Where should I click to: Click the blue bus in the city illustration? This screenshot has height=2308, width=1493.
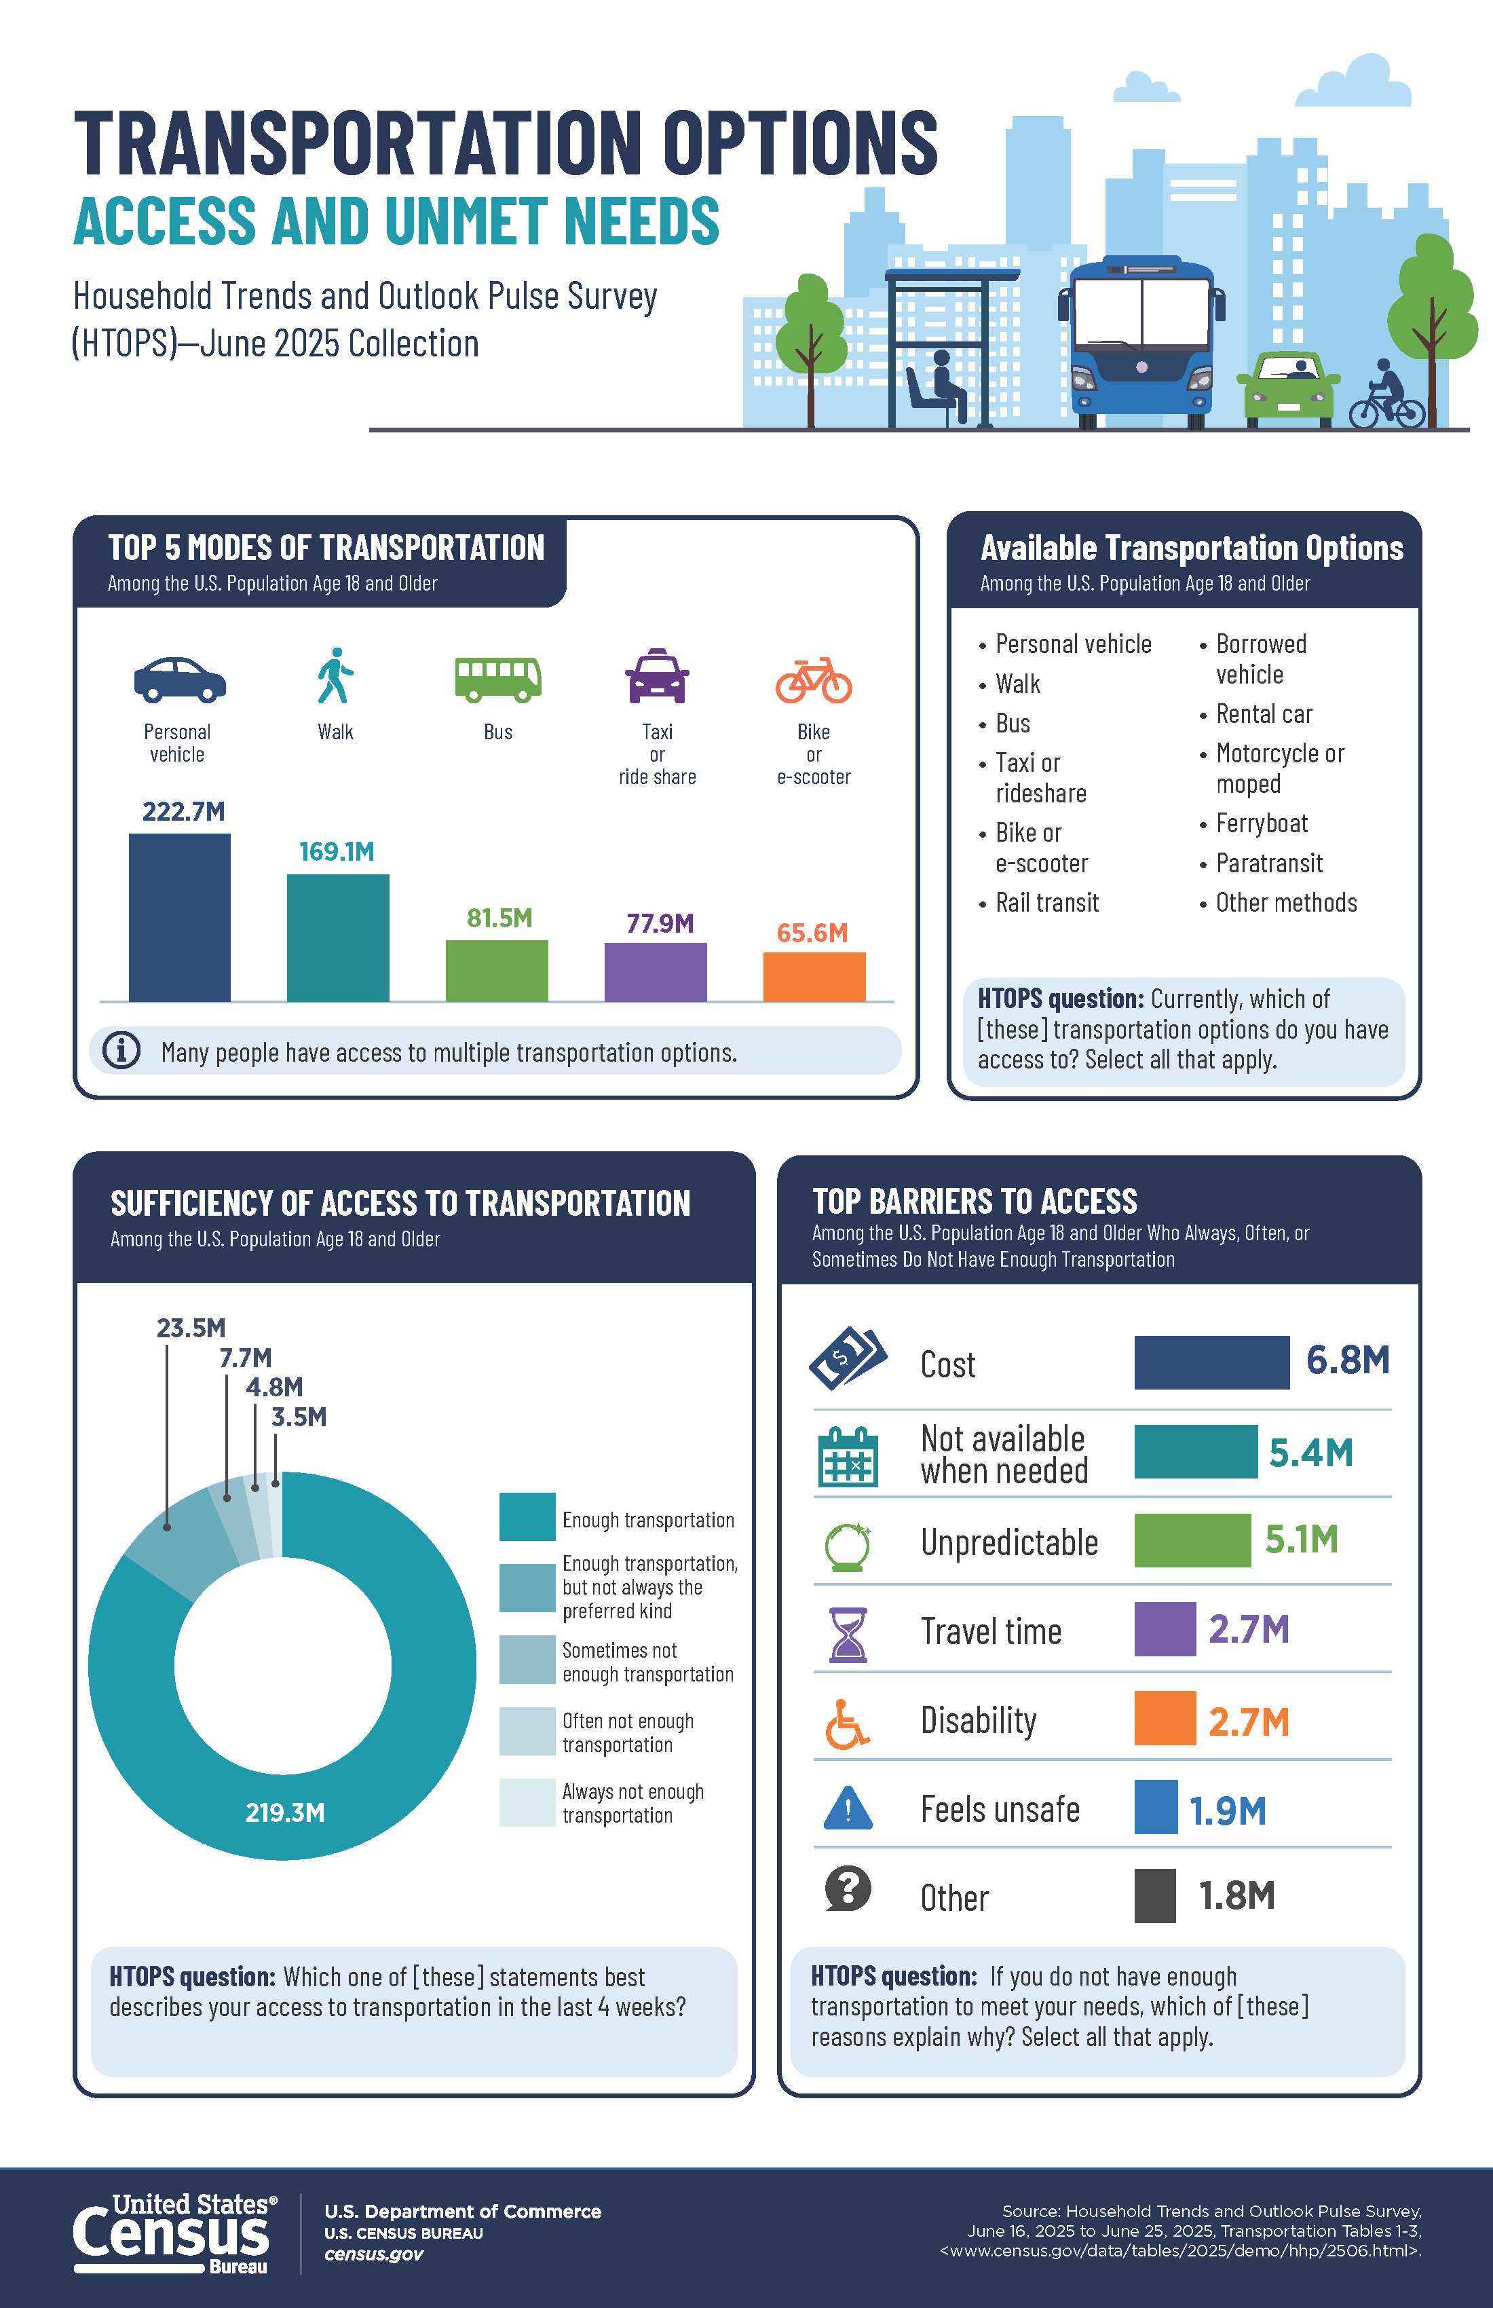(1141, 342)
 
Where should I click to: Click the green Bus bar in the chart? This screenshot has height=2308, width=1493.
(496, 971)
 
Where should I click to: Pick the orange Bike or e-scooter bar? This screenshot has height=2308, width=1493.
(814, 977)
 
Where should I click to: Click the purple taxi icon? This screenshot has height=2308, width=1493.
(658, 676)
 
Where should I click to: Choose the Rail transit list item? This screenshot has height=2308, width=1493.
(1039, 903)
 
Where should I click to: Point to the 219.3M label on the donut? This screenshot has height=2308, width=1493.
(285, 1812)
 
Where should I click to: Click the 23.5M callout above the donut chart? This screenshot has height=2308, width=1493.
(191, 1328)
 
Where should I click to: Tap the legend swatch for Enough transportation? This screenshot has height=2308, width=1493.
(527, 1516)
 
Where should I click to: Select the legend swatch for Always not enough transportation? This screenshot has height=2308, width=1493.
(527, 1803)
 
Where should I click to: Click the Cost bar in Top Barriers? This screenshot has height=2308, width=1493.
(1212, 1362)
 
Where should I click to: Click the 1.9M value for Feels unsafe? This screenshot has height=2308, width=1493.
(1228, 1810)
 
